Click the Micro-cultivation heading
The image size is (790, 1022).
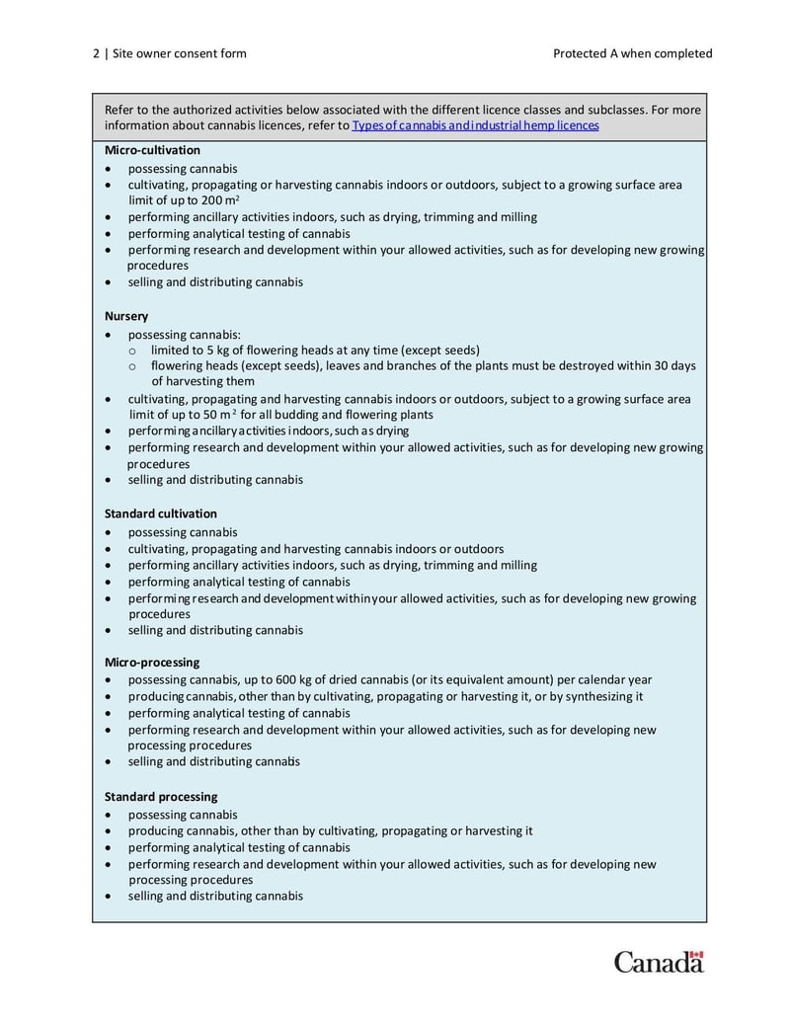pos(152,150)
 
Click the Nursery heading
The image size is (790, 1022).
pos(126,316)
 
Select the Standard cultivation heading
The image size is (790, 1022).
pos(160,513)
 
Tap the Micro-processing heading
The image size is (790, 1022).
pos(152,663)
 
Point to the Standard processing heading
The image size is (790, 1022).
pos(161,797)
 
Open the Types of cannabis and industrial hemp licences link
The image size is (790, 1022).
pos(475,126)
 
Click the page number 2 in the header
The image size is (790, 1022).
pos(96,53)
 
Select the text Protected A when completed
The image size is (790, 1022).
pos(632,53)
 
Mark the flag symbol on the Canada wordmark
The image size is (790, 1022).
pos(696,955)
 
